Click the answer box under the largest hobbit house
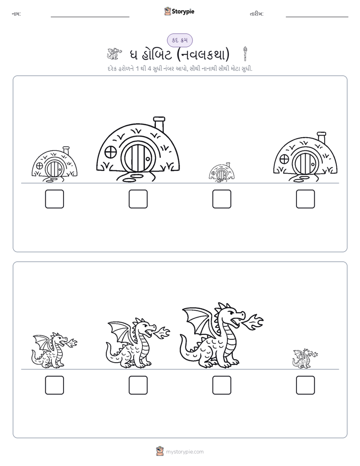[138, 199]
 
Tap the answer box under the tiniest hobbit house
[221, 199]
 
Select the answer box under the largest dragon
[221, 385]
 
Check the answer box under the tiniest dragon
[306, 385]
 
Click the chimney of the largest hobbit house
[159, 124]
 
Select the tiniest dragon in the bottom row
[305, 359]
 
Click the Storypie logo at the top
[179, 12]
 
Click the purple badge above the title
[180, 40]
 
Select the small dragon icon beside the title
[114, 54]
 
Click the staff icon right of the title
[246, 54]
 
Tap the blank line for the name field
[90, 17]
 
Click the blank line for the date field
[317, 17]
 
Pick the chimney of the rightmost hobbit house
[321, 138]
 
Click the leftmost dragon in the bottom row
[54, 351]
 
